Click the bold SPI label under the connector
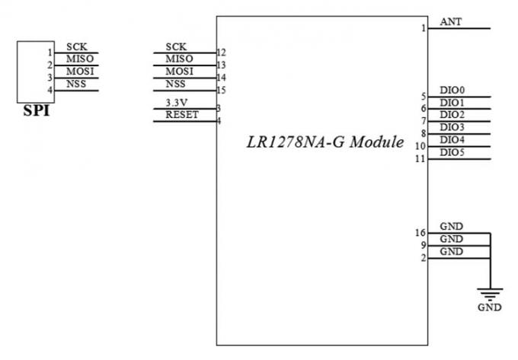(37, 111)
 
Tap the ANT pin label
(451, 22)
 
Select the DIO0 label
(452, 90)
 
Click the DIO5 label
(452, 152)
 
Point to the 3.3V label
(177, 103)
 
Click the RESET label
(182, 115)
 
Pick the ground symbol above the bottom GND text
(490, 294)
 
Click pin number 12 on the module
(222, 53)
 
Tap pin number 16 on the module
(420, 233)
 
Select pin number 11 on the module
(420, 159)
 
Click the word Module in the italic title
(377, 142)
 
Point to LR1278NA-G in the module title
(296, 142)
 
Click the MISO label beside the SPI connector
(80, 59)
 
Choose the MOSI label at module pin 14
(179, 72)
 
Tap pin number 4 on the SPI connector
(50, 90)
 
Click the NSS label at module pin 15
(175, 84)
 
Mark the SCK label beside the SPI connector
(77, 47)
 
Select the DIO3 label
(452, 127)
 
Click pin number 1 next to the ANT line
(424, 28)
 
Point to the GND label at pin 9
(452, 239)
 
